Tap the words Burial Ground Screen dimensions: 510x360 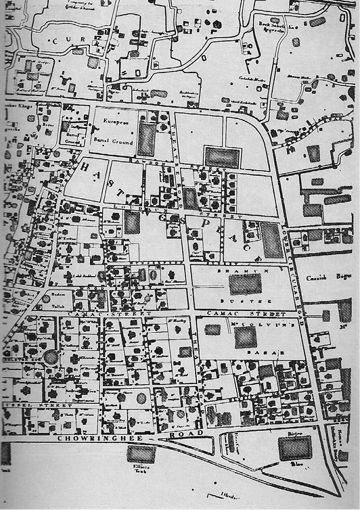[116, 138]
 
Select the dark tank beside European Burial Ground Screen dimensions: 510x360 [146, 139]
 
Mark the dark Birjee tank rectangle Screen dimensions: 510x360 [296, 447]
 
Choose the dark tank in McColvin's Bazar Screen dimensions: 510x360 [246, 338]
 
